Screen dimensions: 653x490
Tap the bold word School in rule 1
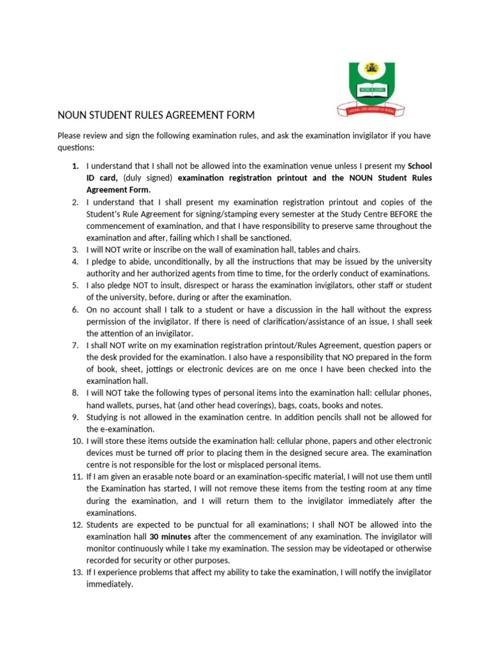click(419, 166)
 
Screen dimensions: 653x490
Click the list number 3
click(75, 250)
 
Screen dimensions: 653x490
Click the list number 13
click(75, 572)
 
